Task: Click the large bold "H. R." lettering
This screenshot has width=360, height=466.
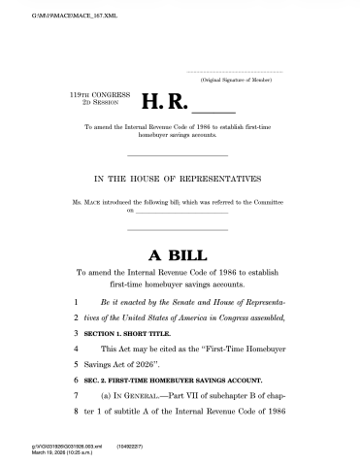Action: tap(165, 101)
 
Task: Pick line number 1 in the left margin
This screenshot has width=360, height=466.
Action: tap(77, 303)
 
